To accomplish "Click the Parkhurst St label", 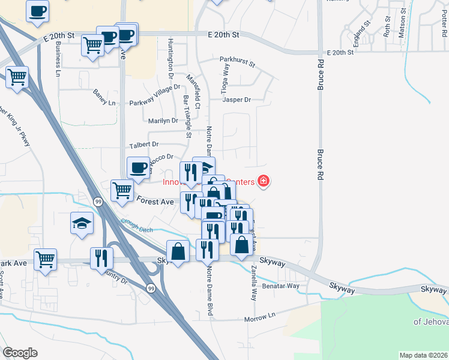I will [237, 61].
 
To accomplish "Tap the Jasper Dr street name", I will [236, 100].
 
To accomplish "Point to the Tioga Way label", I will [225, 79].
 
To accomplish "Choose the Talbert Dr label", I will [143, 145].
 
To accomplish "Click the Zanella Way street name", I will [255, 282].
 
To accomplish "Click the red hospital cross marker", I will [263, 181].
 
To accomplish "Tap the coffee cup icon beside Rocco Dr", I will [138, 167].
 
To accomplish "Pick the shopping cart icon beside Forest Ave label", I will [122, 191].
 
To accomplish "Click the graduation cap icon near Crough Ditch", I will [82, 224].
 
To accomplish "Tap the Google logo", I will [20, 353].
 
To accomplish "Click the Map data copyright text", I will [423, 355].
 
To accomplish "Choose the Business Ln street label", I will [58, 59].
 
